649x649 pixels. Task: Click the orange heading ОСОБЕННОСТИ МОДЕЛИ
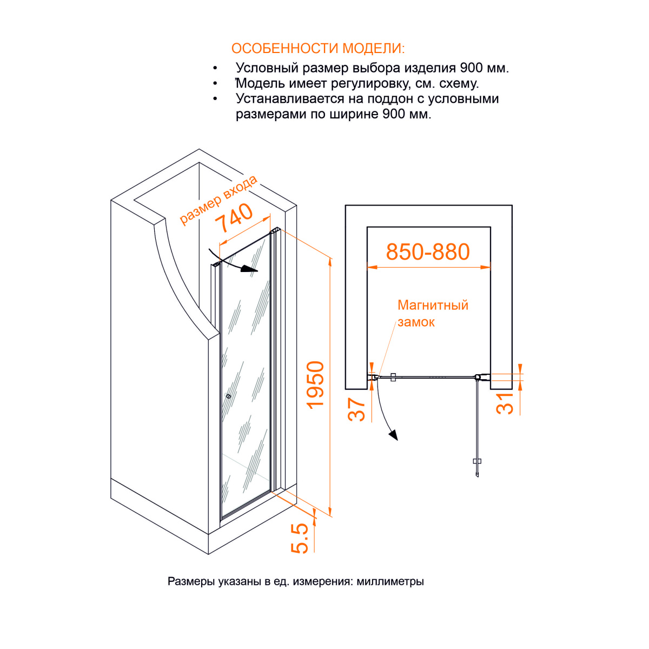click(317, 49)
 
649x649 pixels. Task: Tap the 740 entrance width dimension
click(234, 217)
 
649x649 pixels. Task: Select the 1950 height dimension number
click(315, 386)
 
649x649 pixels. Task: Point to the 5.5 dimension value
click(300, 538)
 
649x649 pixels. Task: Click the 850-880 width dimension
click(428, 251)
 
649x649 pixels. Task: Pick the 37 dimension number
click(356, 409)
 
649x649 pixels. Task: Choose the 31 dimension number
click(505, 403)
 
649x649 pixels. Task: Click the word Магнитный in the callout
click(433, 305)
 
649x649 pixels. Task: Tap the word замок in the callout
click(416, 322)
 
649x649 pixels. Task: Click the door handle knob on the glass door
click(229, 396)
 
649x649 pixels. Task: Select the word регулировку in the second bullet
click(371, 83)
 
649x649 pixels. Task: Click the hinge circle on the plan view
click(477, 377)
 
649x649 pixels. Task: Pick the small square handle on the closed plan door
click(393, 377)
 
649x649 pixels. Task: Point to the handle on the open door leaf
click(477, 461)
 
